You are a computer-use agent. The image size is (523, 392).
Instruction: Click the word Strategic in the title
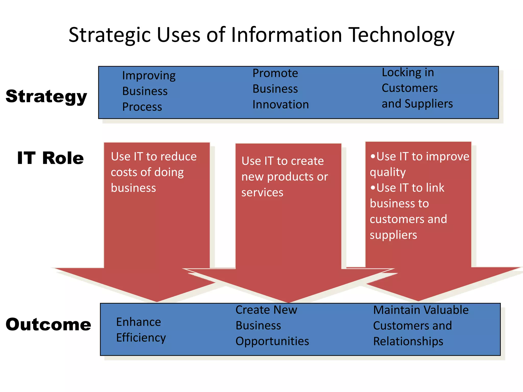pyautogui.click(x=110, y=35)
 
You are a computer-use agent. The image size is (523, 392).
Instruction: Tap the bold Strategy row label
pyautogui.click(x=46, y=97)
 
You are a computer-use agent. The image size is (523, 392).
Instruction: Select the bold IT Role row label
pyautogui.click(x=50, y=158)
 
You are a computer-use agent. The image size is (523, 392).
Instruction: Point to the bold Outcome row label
pyautogui.click(x=48, y=325)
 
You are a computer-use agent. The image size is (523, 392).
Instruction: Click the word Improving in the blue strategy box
pyautogui.click(x=149, y=76)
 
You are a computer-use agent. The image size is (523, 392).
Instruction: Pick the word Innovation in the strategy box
pyautogui.click(x=280, y=105)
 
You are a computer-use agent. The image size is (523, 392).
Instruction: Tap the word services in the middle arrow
pyautogui.click(x=262, y=192)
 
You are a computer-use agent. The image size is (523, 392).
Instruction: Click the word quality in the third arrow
pyautogui.click(x=388, y=172)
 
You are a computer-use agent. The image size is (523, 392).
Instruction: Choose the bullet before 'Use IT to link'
pyautogui.click(x=373, y=188)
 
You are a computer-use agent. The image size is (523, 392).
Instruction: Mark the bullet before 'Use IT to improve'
pyautogui.click(x=373, y=156)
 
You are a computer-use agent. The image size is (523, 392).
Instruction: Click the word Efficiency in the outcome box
pyautogui.click(x=141, y=338)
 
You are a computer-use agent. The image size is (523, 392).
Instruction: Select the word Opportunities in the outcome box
pyautogui.click(x=272, y=341)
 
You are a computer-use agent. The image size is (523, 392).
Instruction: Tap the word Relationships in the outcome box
pyautogui.click(x=408, y=341)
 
